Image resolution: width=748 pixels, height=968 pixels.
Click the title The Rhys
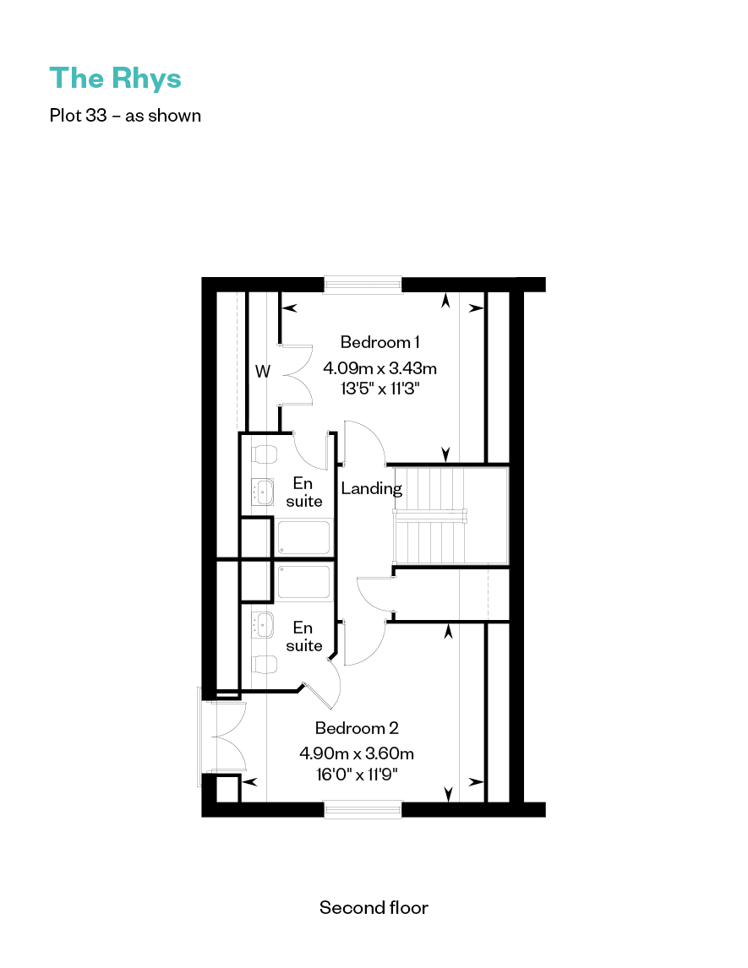[116, 79]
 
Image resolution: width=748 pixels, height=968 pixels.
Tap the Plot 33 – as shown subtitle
[125, 116]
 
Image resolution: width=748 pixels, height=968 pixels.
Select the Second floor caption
[374, 907]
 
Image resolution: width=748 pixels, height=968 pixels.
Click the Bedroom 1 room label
[379, 342]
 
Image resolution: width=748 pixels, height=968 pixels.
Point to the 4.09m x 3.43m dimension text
[379, 368]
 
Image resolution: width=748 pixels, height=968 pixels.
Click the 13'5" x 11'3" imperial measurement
[379, 389]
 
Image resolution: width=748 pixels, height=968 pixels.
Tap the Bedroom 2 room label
[357, 728]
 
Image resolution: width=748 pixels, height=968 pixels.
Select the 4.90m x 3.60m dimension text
[357, 753]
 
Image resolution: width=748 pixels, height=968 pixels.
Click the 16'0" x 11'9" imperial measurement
[357, 774]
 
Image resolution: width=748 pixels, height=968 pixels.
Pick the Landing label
[371, 489]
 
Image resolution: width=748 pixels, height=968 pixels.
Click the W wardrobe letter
[263, 372]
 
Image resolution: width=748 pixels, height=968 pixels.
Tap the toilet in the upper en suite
[265, 454]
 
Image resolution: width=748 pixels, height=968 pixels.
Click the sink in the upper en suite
[263, 492]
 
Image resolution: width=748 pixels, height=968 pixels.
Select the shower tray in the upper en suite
[304, 538]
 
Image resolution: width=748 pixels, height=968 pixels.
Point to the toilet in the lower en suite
[265, 664]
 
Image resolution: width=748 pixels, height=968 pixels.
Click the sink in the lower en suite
[263, 625]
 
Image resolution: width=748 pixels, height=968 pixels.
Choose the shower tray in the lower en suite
[304, 582]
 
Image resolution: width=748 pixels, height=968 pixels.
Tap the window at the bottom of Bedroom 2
[363, 809]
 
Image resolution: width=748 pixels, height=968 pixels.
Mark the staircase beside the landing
[450, 515]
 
